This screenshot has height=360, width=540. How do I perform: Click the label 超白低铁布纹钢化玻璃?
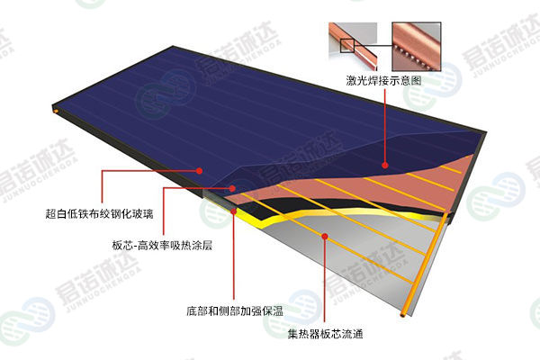coord(99,214)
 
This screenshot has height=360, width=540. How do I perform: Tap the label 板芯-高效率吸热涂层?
coord(162,246)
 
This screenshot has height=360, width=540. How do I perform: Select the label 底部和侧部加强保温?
coord(235,311)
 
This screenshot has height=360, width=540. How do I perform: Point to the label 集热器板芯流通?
coord(325,334)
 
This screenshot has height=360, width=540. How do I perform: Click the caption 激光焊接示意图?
coord(383,80)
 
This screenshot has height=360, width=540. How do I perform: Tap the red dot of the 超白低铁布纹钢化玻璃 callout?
coord(199,170)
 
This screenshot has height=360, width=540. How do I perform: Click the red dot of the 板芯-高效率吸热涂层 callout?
coord(232,188)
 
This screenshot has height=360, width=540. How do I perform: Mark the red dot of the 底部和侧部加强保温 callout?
coord(234,211)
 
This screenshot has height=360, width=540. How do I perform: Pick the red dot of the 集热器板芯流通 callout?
coord(324,236)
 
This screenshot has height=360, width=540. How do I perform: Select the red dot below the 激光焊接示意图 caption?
coord(385,166)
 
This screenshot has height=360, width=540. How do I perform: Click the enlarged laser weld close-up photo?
coord(417,47)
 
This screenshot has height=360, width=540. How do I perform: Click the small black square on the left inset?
coord(347,46)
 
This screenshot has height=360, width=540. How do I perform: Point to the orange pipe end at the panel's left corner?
coord(56,112)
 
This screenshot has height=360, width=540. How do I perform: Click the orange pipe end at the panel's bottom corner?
coord(403,314)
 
